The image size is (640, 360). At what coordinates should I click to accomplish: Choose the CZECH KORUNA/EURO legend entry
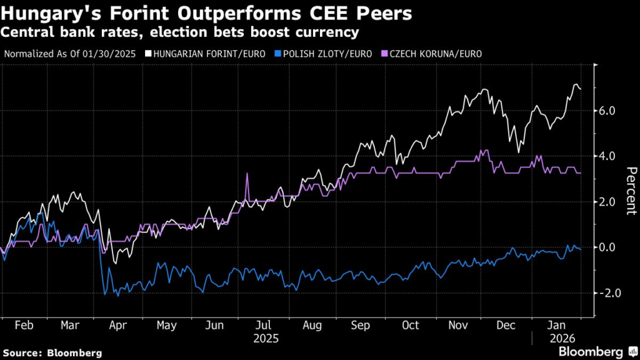(x=435, y=53)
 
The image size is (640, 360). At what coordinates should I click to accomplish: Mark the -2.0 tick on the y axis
(x=606, y=293)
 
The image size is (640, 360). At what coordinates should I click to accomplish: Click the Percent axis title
(x=631, y=191)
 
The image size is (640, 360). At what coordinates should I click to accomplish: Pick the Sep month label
(x=361, y=326)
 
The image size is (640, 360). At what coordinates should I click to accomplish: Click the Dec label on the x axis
(x=506, y=326)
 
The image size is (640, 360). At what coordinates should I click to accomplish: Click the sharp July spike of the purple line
(x=247, y=174)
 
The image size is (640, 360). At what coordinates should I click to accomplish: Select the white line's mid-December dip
(x=518, y=152)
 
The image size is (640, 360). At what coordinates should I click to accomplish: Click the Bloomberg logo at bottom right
(x=591, y=352)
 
